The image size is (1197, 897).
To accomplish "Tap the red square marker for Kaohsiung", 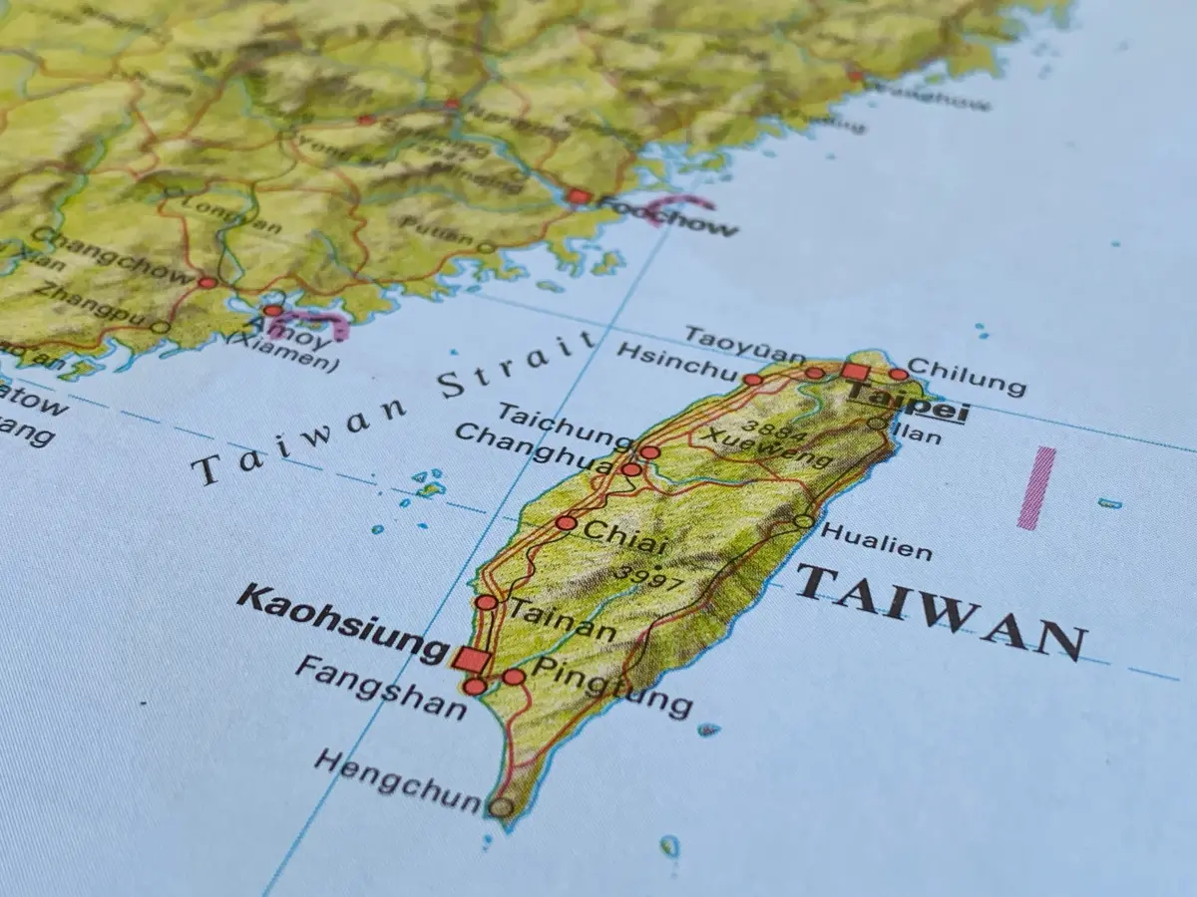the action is pyautogui.click(x=470, y=659).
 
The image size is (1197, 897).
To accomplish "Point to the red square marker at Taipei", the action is pyautogui.click(x=855, y=373).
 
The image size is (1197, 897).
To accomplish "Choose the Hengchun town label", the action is pyautogui.click(x=398, y=780).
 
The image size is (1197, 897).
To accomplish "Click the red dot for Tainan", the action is pyautogui.click(x=486, y=602).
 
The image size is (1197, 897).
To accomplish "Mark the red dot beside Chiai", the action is pyautogui.click(x=566, y=522).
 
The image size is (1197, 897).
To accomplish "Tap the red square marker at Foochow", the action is pyautogui.click(x=578, y=196).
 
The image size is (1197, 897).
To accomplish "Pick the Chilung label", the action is pyautogui.click(x=966, y=377).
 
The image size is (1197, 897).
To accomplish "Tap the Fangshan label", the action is pyautogui.click(x=380, y=688).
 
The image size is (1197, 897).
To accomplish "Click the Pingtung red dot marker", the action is pyautogui.click(x=513, y=677).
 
